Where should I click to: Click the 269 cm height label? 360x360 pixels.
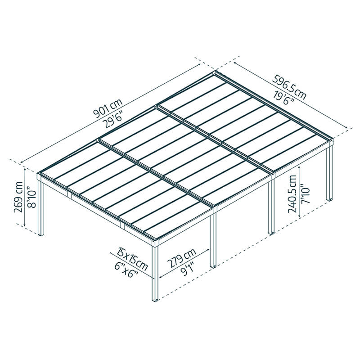19,198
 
